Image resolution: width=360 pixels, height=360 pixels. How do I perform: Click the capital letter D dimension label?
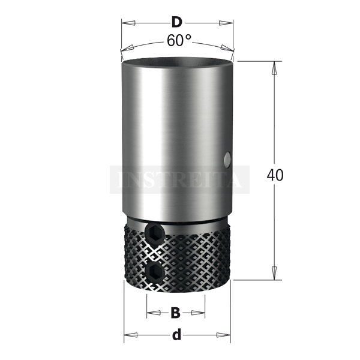point(176,23)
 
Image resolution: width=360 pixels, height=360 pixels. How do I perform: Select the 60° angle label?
point(179,41)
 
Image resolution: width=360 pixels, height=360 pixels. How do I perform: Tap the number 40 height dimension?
point(275,175)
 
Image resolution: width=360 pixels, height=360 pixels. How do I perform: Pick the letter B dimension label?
point(176,313)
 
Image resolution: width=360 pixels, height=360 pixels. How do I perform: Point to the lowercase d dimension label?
point(176,335)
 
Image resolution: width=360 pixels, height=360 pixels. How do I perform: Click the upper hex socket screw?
point(154,233)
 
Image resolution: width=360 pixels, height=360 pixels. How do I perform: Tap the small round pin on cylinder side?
point(227,158)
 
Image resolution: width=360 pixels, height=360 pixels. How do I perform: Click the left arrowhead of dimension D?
point(128,23)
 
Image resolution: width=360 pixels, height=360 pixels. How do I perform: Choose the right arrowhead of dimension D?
point(226,23)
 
